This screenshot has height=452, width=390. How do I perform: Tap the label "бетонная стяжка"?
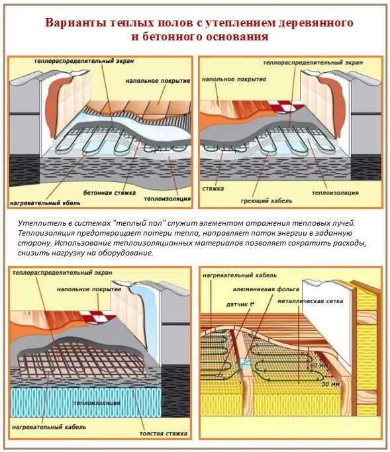(x=109, y=193)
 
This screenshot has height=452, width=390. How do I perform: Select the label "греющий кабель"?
(x=267, y=201)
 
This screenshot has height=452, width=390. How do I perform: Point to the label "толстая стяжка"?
(x=164, y=433)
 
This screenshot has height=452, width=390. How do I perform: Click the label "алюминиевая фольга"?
(x=266, y=289)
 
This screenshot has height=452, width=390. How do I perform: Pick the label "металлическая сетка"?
(x=311, y=301)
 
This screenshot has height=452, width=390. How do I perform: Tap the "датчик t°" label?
(x=240, y=304)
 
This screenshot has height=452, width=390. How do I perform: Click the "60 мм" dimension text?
(x=318, y=365)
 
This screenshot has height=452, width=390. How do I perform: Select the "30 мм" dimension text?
(x=330, y=384)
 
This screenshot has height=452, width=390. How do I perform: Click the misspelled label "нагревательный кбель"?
(x=45, y=203)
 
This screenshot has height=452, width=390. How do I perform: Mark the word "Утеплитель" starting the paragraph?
(x=36, y=223)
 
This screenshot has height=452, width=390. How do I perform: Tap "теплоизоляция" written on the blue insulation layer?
(x=97, y=403)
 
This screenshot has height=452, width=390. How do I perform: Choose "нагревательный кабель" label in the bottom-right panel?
(x=240, y=275)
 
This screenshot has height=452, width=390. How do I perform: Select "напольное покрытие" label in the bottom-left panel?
(x=89, y=289)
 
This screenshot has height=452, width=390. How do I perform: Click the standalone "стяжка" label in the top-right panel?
(x=213, y=189)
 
